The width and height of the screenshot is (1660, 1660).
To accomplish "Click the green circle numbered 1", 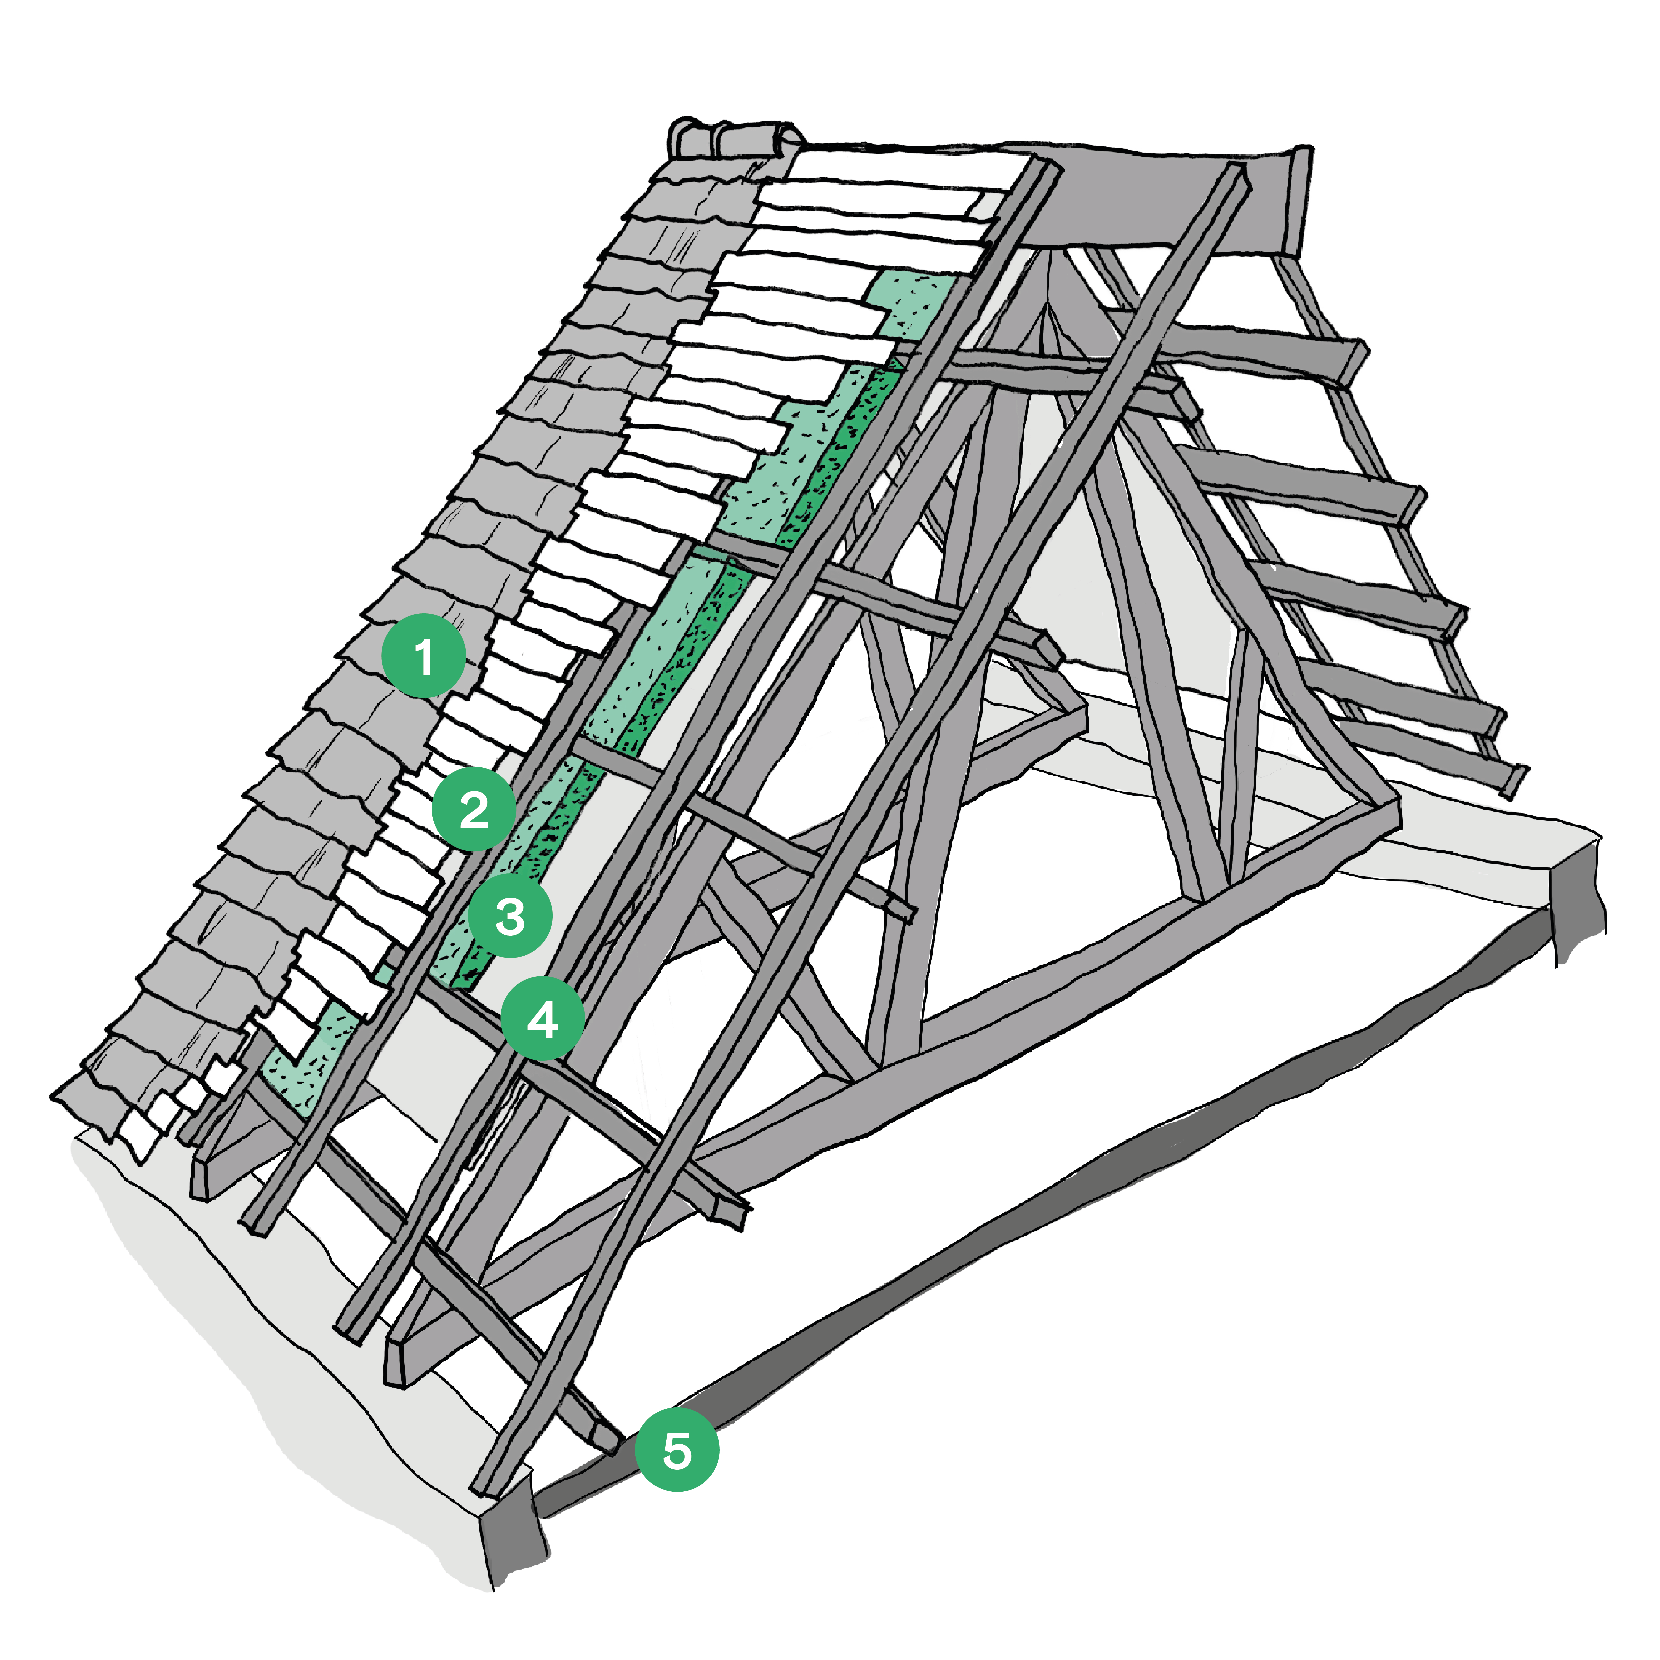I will (424, 656).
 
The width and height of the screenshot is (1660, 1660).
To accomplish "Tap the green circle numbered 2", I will (473, 809).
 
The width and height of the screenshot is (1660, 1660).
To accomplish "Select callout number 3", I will (510, 916).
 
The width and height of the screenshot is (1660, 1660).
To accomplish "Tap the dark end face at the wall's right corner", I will (1579, 902).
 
